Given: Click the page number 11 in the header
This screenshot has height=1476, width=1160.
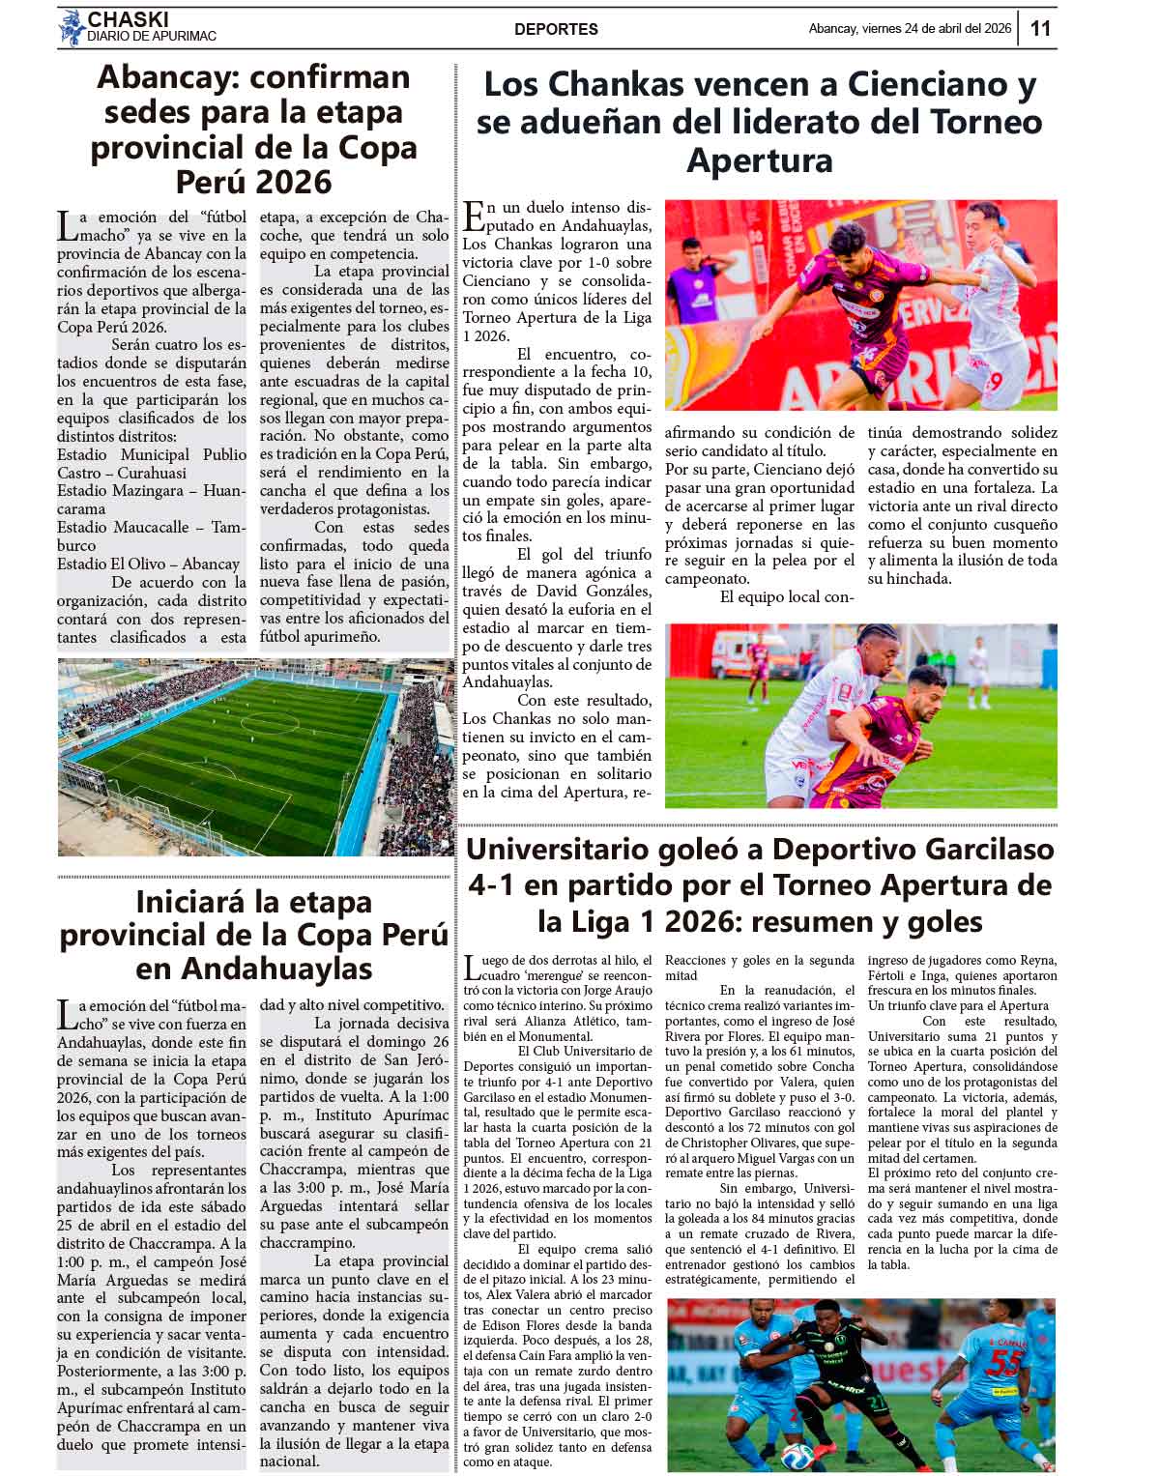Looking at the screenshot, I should (1040, 29).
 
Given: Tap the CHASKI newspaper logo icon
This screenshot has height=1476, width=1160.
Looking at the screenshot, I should (72, 28).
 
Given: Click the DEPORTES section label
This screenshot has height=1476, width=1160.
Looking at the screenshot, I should (556, 30).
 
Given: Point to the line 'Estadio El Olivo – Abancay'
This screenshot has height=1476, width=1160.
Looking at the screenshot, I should (148, 564).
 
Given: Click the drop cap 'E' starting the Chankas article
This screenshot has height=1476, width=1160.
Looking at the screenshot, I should (473, 215).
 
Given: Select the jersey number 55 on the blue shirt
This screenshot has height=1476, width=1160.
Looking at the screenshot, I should (1006, 1364).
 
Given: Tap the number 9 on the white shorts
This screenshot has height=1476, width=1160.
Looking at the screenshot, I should (995, 381).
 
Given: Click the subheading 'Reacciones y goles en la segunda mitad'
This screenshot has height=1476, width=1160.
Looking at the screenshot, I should (759, 968).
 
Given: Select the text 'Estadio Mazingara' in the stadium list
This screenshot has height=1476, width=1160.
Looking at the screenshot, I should (123, 491).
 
